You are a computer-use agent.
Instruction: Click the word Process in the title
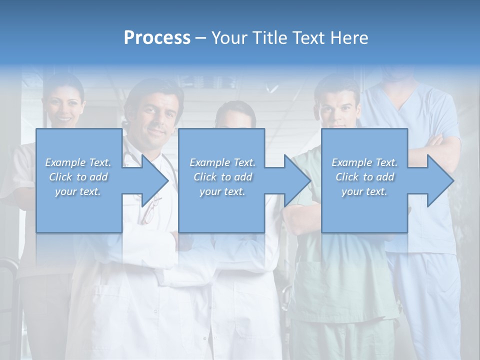point(157,38)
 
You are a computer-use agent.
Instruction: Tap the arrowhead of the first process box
point(155,180)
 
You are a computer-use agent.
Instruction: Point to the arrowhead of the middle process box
point(297,180)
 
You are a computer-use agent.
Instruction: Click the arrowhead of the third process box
point(440,180)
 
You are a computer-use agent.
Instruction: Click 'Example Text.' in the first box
point(78,162)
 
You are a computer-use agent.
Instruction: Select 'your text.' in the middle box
point(222,191)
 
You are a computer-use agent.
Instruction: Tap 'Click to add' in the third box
point(364,177)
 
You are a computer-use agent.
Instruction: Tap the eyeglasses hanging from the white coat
point(150,210)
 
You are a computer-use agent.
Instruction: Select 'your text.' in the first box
point(78,191)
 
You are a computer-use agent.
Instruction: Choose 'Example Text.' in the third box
point(364,162)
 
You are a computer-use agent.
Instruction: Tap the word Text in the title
point(309,38)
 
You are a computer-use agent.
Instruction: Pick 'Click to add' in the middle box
point(222,177)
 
